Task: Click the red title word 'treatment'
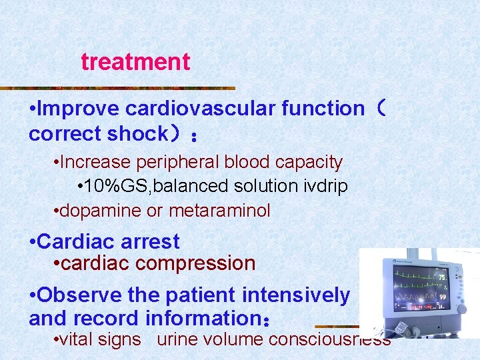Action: pos(135,62)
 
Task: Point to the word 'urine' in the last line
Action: pos(177,339)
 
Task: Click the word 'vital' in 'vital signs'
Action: pos(77,339)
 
